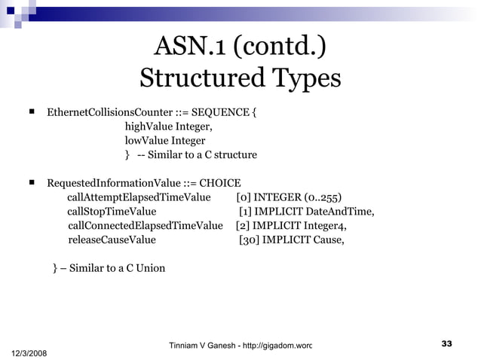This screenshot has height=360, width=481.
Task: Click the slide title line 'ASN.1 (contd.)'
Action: click(x=240, y=46)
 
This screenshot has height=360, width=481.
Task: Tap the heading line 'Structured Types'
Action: click(x=240, y=78)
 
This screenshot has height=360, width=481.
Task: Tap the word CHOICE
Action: click(x=220, y=183)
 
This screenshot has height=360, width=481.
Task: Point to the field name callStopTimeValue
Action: click(x=112, y=211)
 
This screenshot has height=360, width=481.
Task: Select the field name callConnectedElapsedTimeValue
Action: click(x=146, y=225)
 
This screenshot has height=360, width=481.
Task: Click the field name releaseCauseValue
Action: click(x=112, y=239)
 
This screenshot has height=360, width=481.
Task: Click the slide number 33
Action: click(x=446, y=344)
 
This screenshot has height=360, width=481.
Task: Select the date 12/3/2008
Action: click(x=29, y=352)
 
